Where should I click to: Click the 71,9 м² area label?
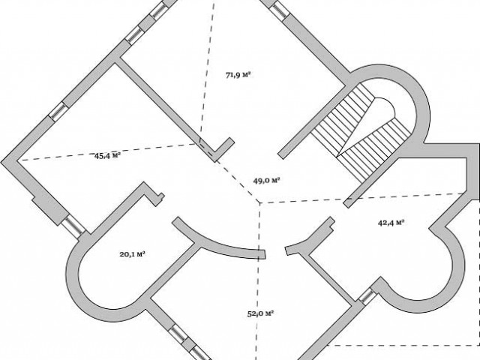coord(237,75)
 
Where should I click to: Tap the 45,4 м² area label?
coord(108,155)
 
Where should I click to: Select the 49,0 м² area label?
coord(267,180)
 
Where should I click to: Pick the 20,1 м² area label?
coord(132,253)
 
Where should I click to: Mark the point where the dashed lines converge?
coord(259,203)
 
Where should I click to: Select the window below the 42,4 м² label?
coord(366,295)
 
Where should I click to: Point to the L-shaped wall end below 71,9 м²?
coord(220,150)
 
